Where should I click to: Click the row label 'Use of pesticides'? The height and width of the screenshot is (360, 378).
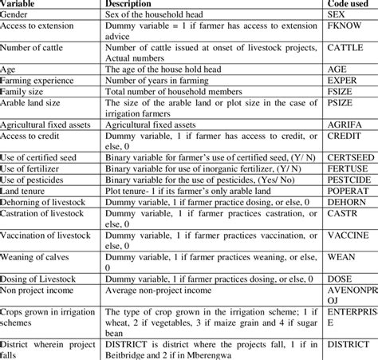click(x=40, y=182)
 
